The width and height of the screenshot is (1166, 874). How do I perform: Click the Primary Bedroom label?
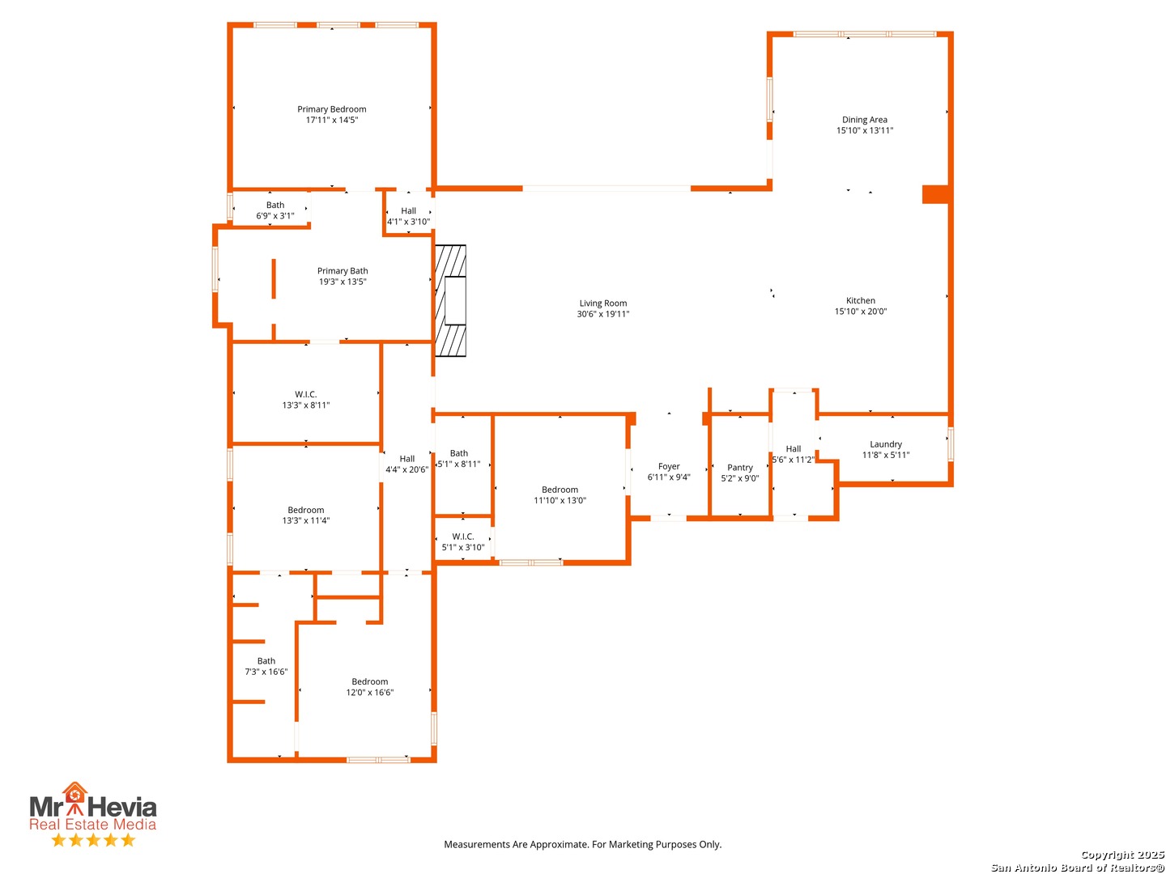(331, 109)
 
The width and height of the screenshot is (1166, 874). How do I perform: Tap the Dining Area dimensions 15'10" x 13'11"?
(865, 130)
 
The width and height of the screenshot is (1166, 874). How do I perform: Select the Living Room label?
(603, 303)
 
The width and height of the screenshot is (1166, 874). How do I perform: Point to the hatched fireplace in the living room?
(450, 300)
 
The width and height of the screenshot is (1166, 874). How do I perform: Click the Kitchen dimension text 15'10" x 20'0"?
(861, 312)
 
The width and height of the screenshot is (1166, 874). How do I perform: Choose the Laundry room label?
(886, 444)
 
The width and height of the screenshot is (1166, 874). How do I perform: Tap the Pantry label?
(740, 468)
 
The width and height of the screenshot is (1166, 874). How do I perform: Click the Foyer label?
(669, 466)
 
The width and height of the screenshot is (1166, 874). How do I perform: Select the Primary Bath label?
(343, 271)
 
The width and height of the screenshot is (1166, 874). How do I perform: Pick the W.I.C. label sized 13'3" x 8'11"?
(306, 394)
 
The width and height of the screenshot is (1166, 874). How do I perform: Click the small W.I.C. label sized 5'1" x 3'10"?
(463, 537)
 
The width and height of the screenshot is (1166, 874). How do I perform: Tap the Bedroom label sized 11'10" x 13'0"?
(560, 490)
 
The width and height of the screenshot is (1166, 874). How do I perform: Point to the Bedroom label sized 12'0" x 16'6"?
(370, 682)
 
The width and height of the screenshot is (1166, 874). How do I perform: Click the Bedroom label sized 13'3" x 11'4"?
(306, 510)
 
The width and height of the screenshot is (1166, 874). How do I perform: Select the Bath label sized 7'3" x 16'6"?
(266, 661)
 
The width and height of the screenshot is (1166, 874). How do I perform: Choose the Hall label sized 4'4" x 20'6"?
(407, 459)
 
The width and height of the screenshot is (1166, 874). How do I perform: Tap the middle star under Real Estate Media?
(93, 840)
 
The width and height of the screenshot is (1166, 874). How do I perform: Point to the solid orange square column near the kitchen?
(935, 194)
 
